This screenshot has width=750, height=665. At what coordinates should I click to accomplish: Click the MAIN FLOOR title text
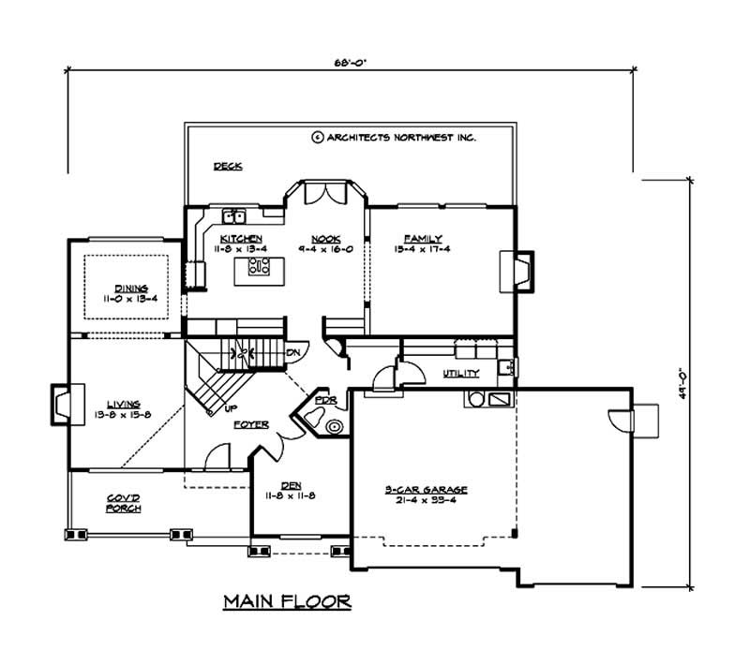point(286,601)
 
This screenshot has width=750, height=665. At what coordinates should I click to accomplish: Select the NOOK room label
point(326,239)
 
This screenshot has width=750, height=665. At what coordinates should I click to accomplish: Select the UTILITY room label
point(461,374)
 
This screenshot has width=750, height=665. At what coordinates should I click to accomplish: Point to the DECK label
point(228,167)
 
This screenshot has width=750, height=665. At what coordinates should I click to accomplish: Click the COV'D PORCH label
point(123,503)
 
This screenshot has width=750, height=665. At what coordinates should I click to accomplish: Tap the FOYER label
point(251,424)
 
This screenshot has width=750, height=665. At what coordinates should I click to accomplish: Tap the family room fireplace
point(520,270)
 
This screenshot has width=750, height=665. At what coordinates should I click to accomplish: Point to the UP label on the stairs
point(229,409)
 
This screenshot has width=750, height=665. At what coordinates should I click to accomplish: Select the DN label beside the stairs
point(293,351)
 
